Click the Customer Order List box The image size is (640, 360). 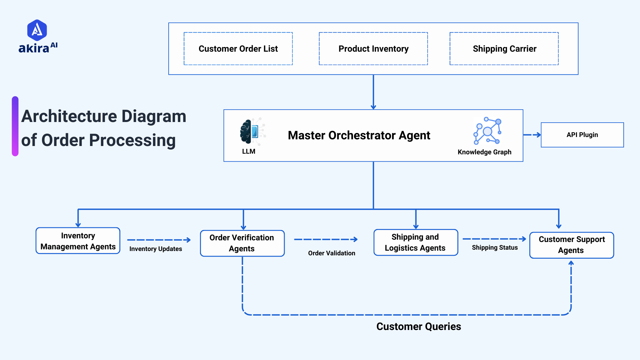[x=238, y=49]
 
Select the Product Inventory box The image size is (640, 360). [x=373, y=49]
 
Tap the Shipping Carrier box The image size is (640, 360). [x=504, y=49]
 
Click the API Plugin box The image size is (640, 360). [x=582, y=135]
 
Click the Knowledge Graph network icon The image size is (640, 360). [x=487, y=131]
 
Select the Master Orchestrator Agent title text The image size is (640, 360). [x=359, y=135]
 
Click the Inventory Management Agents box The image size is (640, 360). [x=78, y=241]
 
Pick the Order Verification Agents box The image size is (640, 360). [x=242, y=243]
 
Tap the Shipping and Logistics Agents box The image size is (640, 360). [x=416, y=242]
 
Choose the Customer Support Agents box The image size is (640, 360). [x=571, y=245]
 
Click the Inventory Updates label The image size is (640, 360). [x=156, y=249]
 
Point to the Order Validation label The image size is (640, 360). [x=331, y=253]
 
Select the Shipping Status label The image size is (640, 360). [x=495, y=248]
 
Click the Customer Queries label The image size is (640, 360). [x=418, y=326]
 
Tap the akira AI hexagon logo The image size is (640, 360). [x=37, y=30]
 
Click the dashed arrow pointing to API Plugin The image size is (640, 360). [x=532, y=135]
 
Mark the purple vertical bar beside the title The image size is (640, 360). [x=15, y=126]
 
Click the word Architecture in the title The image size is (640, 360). [x=69, y=116]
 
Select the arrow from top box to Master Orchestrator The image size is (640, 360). [x=373, y=92]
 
